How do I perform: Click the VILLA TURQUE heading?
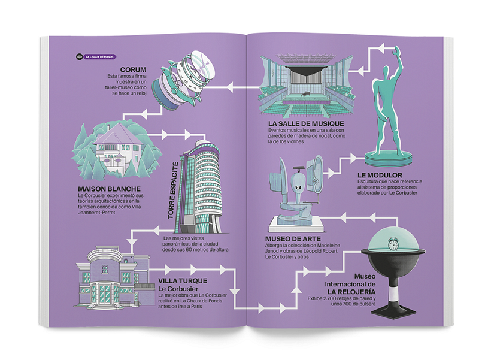click(x=183, y=280)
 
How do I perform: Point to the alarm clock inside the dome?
click(x=393, y=244)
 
